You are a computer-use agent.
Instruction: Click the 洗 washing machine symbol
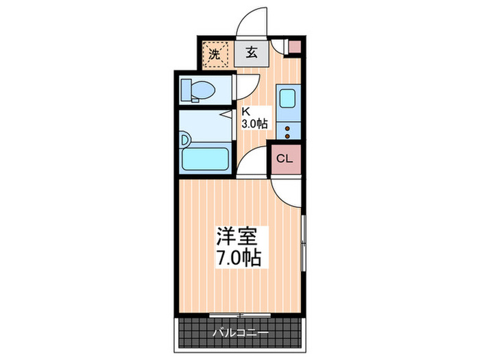click(x=215, y=54)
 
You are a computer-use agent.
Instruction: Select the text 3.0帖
click(x=254, y=123)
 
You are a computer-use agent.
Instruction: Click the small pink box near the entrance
click(x=293, y=49)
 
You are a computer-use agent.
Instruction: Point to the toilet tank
click(x=185, y=89)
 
